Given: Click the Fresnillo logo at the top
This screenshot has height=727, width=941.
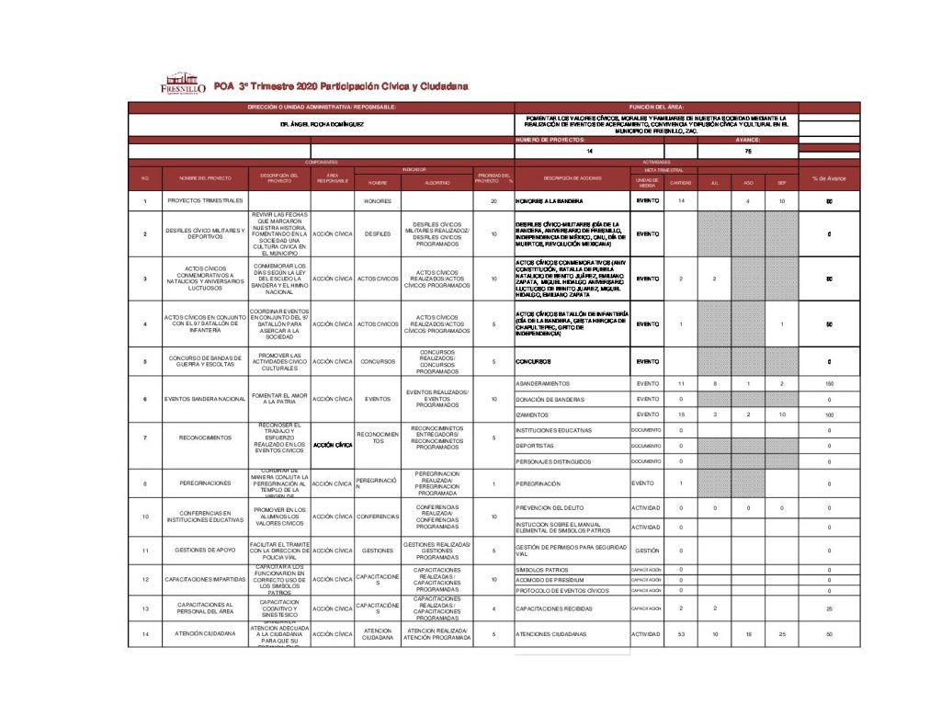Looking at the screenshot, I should tap(182, 85).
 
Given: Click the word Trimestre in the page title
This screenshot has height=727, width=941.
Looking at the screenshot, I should tap(275, 86).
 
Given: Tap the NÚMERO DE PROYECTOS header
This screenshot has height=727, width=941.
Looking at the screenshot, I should tap(550, 139).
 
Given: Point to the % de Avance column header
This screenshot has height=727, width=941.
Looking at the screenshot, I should tap(829, 177).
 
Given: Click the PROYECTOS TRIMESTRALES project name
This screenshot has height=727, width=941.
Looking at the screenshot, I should tap(205, 200).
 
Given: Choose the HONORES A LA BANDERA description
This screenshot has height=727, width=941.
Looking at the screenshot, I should tap(551, 200).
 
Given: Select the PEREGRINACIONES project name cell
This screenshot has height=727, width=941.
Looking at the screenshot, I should tap(205, 483).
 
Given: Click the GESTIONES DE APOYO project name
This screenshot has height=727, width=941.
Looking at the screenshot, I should tap(205, 551).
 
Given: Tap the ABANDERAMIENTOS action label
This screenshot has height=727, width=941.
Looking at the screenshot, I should tap(543, 382).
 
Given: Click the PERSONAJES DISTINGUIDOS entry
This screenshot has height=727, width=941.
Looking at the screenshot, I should tap(554, 461).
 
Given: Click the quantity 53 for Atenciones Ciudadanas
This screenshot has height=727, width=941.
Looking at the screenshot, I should tap(681, 634).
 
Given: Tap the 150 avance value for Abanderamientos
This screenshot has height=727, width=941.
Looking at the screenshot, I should tap(829, 382).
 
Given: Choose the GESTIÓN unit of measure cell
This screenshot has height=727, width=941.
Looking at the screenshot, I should tap(647, 551).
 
